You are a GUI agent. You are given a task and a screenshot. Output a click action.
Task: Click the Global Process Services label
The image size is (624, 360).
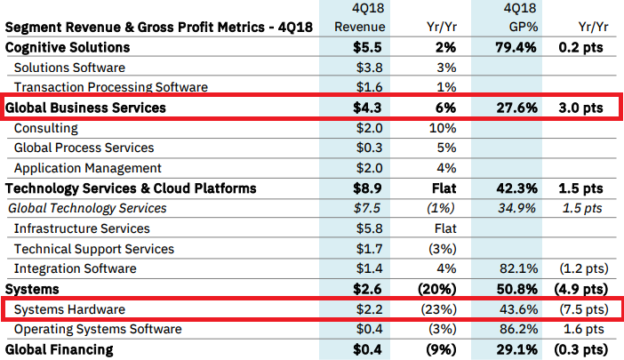point(84,148)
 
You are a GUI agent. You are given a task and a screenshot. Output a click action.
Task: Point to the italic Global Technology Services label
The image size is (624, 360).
point(87,208)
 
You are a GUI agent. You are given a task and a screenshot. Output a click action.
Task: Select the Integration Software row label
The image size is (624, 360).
point(76,268)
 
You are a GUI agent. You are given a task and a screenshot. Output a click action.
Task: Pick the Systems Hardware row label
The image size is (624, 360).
point(71,309)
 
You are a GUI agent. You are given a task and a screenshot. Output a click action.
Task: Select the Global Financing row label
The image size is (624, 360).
point(60,349)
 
